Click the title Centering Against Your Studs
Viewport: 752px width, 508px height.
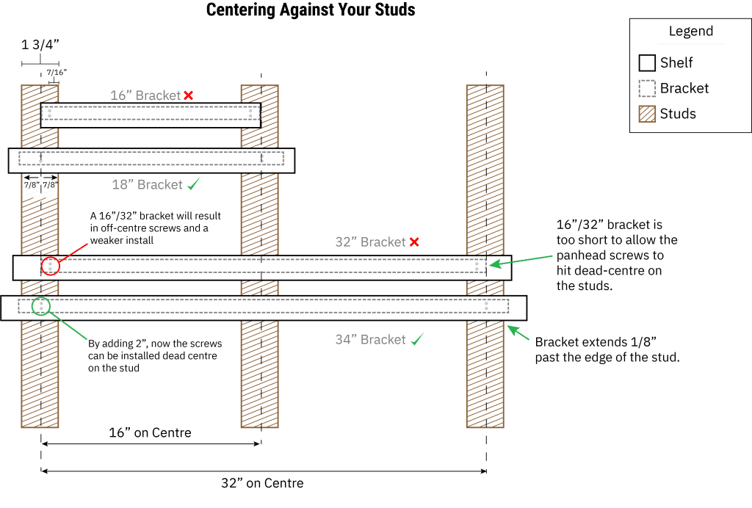point(311,10)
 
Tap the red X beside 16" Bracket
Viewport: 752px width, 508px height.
point(189,95)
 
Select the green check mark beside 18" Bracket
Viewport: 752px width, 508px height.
point(194,184)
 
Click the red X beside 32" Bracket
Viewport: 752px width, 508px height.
point(414,242)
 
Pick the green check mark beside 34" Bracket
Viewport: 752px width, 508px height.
point(417,339)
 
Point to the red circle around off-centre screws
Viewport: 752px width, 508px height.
point(51,266)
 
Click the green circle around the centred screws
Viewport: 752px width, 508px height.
point(41,306)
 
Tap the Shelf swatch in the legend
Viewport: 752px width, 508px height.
point(647,63)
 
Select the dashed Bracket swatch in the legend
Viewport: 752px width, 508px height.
point(647,88)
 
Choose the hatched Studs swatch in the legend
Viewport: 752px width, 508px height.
point(647,114)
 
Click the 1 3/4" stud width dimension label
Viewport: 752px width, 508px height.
point(40,45)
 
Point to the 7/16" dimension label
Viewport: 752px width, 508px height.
point(57,73)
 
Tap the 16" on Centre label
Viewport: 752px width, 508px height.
point(150,433)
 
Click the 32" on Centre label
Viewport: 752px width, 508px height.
point(262,483)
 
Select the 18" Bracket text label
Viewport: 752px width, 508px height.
point(147,184)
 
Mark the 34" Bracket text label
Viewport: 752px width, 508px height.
point(371,339)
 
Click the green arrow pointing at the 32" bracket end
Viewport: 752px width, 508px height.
point(521,261)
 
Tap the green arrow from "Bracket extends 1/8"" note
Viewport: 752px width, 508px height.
point(518,333)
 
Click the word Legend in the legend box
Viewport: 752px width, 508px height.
point(691,31)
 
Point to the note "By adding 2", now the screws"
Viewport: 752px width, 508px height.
point(155,344)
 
